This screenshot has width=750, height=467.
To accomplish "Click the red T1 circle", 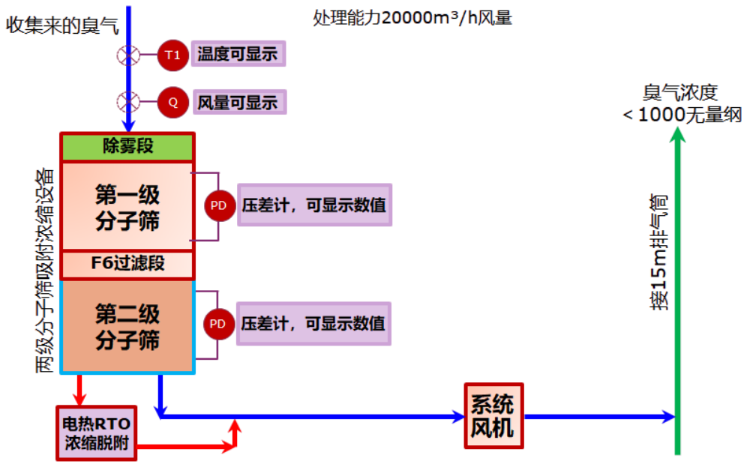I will click(172, 55).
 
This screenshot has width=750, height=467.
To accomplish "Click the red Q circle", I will click(172, 102).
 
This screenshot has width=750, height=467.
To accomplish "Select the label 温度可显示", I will click(238, 55).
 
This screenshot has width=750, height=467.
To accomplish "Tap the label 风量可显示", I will click(238, 102).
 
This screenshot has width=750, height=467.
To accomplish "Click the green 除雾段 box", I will click(127, 146).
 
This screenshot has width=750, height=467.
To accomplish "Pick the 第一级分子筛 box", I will click(127, 207).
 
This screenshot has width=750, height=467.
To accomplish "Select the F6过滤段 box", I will click(127, 263).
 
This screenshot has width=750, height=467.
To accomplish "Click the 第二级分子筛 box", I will click(127, 326).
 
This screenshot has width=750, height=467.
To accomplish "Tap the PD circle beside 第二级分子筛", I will click(217, 324).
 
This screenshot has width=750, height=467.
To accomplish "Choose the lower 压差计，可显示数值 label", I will click(313, 324).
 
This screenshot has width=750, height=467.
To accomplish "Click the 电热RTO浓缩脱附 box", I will click(97, 433).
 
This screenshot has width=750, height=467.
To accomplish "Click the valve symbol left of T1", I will click(125, 55).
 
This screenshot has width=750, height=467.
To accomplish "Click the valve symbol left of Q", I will click(125, 101).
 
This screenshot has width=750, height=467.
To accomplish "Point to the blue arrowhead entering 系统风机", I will click(458, 415).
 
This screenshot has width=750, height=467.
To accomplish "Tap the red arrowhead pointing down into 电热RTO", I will click(79, 398).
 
